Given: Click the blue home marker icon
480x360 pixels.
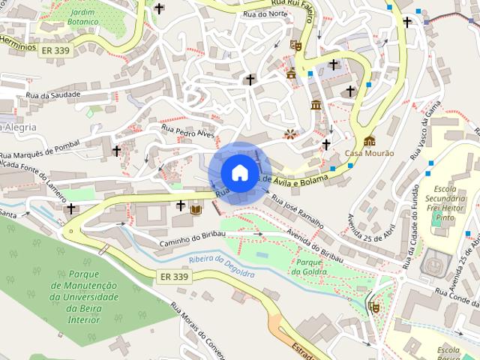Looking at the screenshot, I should [239, 172].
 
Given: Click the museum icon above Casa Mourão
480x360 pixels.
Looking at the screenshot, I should [369, 141].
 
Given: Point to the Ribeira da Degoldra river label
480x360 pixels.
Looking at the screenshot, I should [222, 267].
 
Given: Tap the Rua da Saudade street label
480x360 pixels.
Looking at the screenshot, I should [52, 95].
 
